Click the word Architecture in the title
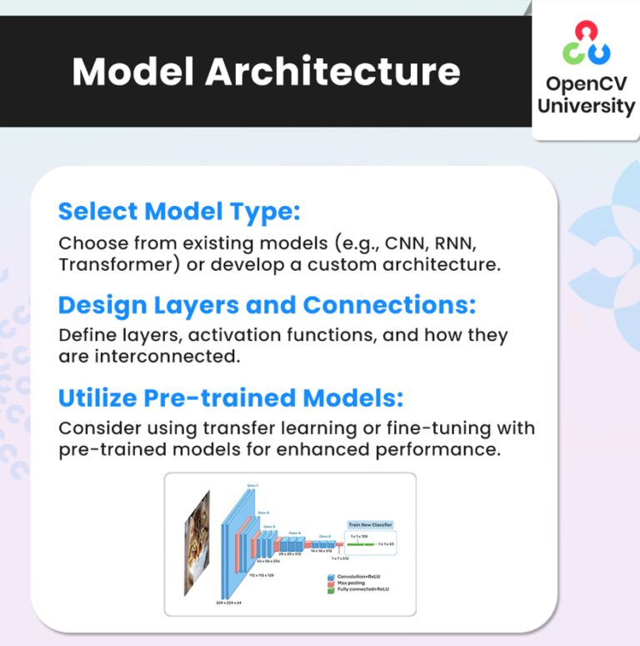tap(332, 72)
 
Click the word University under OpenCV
tap(586, 106)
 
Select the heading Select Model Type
tap(178, 212)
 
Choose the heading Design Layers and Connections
tap(267, 305)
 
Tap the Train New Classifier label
tap(370, 525)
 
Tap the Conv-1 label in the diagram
tap(253, 485)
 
